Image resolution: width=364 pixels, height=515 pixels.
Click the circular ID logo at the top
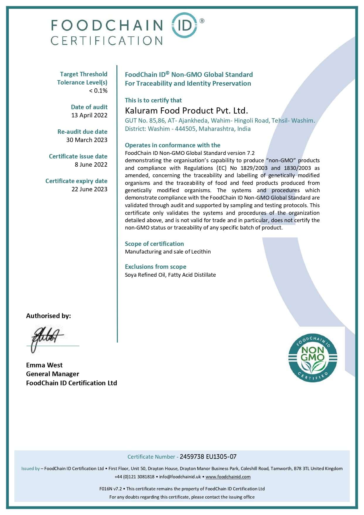tap(184, 25)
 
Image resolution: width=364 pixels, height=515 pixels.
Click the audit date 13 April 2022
tap(89, 115)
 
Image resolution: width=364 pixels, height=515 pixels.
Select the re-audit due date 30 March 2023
tap(87, 140)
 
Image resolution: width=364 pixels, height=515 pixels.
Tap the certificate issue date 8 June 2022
tap(91, 165)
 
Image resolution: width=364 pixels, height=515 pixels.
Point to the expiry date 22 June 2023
tap(89, 189)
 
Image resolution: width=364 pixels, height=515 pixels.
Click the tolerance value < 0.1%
tap(98, 91)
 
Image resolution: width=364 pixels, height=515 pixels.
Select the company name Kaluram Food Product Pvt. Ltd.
tap(186, 111)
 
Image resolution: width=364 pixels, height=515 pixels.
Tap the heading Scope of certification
tap(154, 244)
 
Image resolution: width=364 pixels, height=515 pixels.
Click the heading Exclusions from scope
tap(155, 267)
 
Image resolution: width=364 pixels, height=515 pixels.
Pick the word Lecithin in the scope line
tap(201, 252)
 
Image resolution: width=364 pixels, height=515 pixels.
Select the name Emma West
tap(44, 365)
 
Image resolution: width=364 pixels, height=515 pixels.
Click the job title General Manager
tap(53, 374)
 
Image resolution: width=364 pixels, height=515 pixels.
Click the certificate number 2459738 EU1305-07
tap(208, 457)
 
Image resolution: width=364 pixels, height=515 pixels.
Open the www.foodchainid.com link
tap(228, 477)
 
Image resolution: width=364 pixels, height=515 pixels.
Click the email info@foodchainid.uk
tap(180, 477)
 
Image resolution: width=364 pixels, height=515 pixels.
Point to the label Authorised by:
tap(48, 316)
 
